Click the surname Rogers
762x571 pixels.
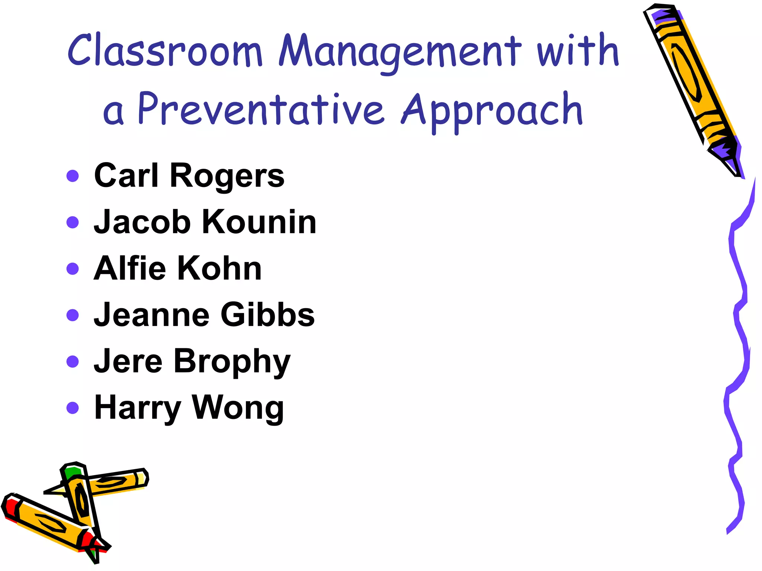[227, 176]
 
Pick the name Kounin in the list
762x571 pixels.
[259, 222]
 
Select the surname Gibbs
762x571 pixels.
[268, 315]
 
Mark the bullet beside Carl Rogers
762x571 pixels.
[73, 176]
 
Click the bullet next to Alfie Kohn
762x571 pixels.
[73, 268]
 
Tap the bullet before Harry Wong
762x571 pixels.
[73, 408]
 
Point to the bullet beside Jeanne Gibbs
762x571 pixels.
[73, 315]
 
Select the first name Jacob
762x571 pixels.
[142, 222]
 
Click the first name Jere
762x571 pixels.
[128, 361]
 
